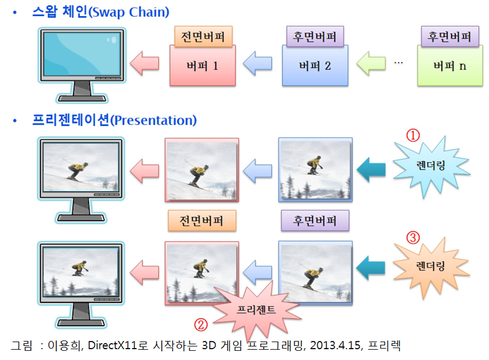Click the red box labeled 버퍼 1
[203, 66]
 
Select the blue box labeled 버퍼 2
[315, 66]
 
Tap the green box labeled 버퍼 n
[450, 66]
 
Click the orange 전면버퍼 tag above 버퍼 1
[203, 36]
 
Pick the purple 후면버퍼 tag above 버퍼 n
[450, 36]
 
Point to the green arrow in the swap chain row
[371, 64]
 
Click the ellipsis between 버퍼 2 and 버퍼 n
[398, 63]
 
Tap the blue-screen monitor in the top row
[81, 65]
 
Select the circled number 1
[413, 135]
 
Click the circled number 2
[201, 325]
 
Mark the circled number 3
[413, 238]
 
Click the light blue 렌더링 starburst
[431, 166]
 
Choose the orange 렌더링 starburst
[431, 267]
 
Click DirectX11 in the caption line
[112, 345]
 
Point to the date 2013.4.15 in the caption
[335, 345]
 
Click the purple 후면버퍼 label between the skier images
[315, 221]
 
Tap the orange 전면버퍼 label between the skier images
[202, 221]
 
